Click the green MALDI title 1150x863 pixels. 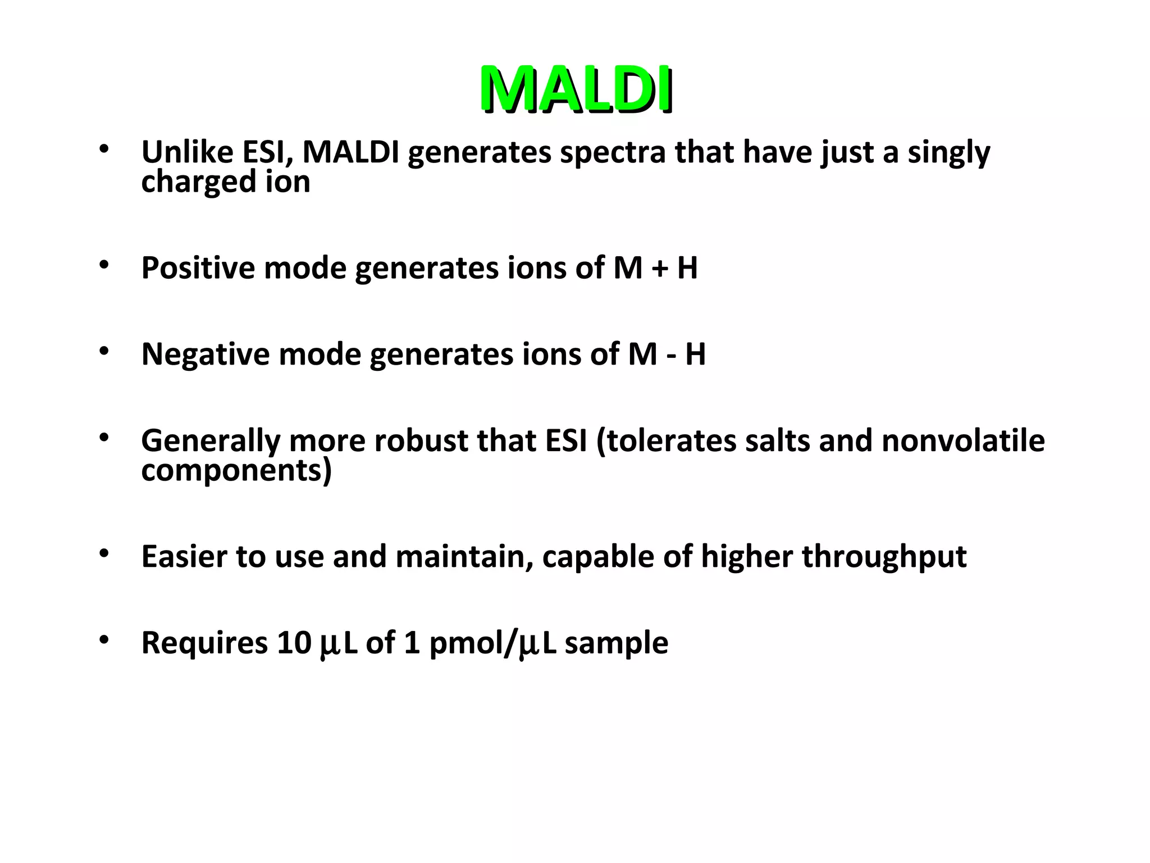[x=576, y=90]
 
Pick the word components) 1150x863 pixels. [x=236, y=471]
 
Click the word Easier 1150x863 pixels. [x=184, y=556]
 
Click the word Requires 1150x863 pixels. [x=204, y=643]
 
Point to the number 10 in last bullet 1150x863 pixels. [x=294, y=643]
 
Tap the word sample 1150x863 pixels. [x=616, y=643]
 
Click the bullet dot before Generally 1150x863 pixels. [x=103, y=438]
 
